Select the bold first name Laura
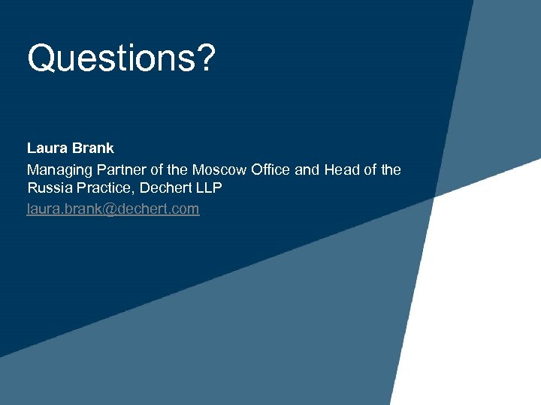pos(47,148)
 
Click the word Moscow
pos(219,169)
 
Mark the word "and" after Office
pos(307,169)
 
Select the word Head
pos(341,169)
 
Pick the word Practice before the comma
pos(105,188)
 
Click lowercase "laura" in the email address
pos(43,208)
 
